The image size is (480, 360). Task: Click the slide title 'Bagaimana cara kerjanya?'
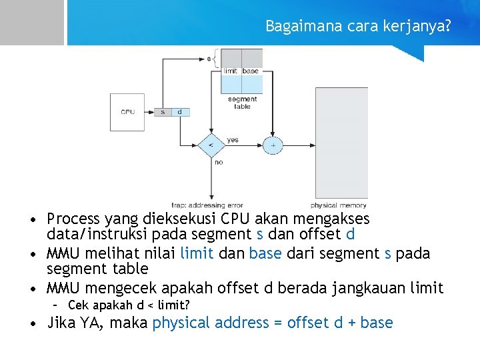(x=357, y=26)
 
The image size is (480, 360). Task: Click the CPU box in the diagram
(x=127, y=111)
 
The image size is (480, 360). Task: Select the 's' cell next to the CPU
(x=163, y=112)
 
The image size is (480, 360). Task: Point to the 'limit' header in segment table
(x=231, y=71)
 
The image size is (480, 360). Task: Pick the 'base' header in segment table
(x=251, y=71)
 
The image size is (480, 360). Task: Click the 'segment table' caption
(x=242, y=103)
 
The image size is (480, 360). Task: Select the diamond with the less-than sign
(x=211, y=145)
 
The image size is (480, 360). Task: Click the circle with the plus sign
(x=272, y=145)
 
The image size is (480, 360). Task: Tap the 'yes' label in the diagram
(x=233, y=140)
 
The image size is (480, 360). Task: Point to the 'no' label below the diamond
(x=218, y=162)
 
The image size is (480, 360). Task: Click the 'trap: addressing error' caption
(x=207, y=205)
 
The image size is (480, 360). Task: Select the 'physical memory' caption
(x=339, y=205)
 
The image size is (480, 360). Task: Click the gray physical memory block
(x=341, y=143)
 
